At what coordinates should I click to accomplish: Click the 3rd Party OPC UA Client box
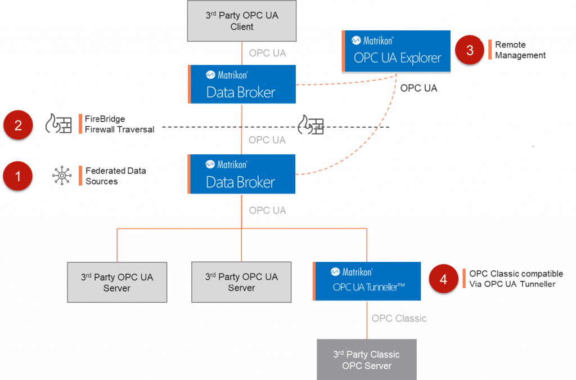click(241, 21)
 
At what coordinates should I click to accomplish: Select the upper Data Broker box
click(242, 84)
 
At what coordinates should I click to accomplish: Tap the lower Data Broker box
click(242, 174)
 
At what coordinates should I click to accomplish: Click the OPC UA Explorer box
click(397, 51)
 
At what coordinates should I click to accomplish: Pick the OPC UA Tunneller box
click(368, 280)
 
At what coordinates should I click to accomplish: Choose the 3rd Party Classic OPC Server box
click(366, 360)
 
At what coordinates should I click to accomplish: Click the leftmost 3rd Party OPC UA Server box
click(117, 282)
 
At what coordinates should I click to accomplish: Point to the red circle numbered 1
click(18, 176)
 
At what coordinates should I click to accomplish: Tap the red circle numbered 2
click(18, 124)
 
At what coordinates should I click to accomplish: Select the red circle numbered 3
click(470, 50)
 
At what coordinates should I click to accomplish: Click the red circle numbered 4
click(443, 279)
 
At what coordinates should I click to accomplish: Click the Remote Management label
click(520, 50)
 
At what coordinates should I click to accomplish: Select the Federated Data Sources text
click(115, 176)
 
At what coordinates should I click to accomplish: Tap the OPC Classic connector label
click(399, 319)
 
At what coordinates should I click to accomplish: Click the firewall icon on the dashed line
click(311, 124)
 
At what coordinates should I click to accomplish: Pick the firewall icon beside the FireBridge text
click(58, 124)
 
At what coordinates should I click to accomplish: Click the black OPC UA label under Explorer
click(418, 88)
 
